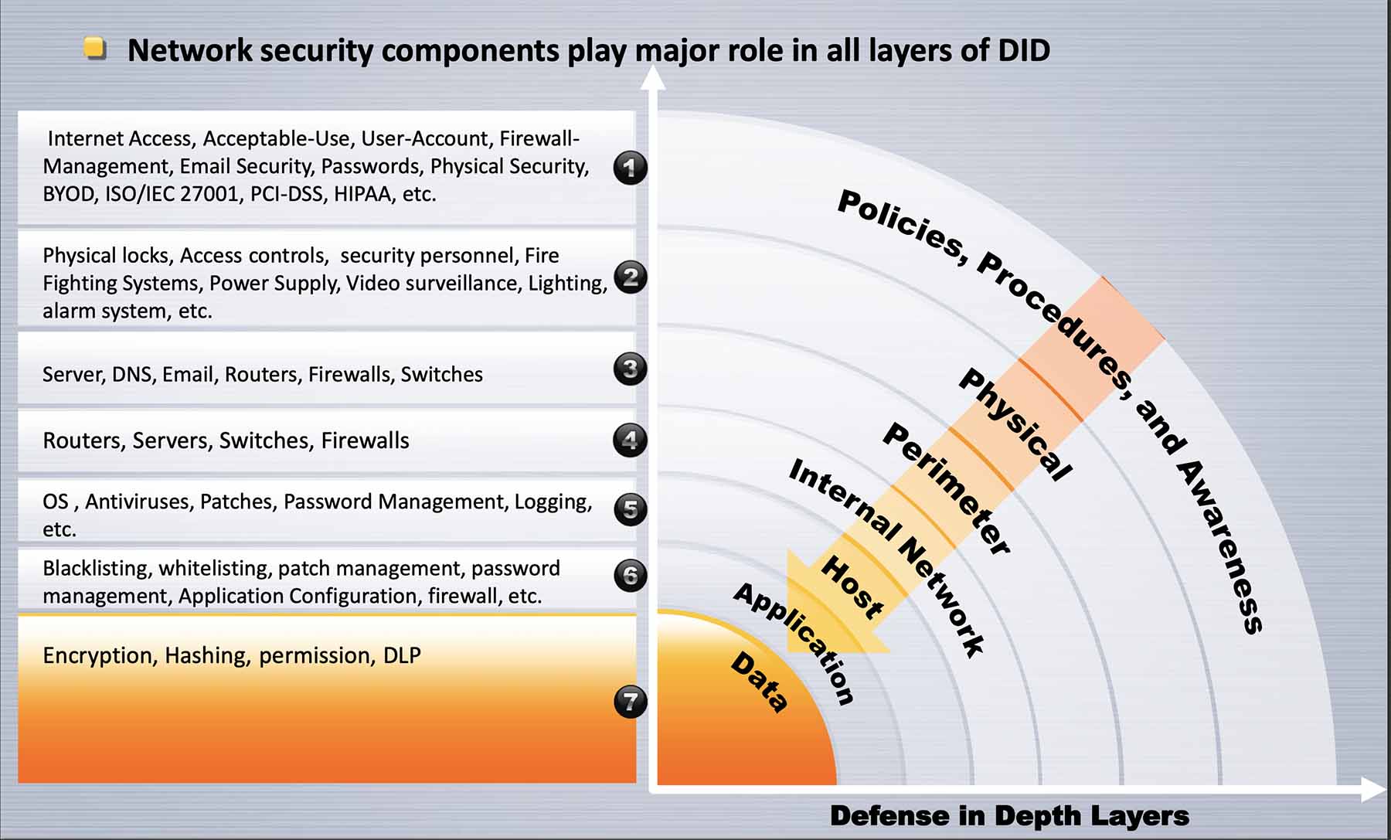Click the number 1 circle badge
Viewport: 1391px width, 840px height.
coord(631,167)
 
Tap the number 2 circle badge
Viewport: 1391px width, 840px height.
coord(631,277)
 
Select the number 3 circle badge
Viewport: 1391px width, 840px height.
coord(631,369)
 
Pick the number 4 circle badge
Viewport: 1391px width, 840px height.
coord(631,440)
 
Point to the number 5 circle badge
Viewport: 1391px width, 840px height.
coord(631,509)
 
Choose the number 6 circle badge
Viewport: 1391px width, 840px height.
coord(631,576)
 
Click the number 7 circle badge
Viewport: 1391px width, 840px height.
coord(631,702)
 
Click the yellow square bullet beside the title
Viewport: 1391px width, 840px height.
coord(94,49)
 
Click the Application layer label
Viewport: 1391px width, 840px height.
coord(794,644)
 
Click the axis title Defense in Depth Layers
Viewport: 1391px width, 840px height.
coord(1009,815)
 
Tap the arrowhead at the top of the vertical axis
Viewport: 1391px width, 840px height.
coord(653,77)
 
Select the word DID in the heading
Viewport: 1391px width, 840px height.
coord(1024,50)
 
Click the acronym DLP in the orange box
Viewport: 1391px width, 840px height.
coord(402,655)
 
